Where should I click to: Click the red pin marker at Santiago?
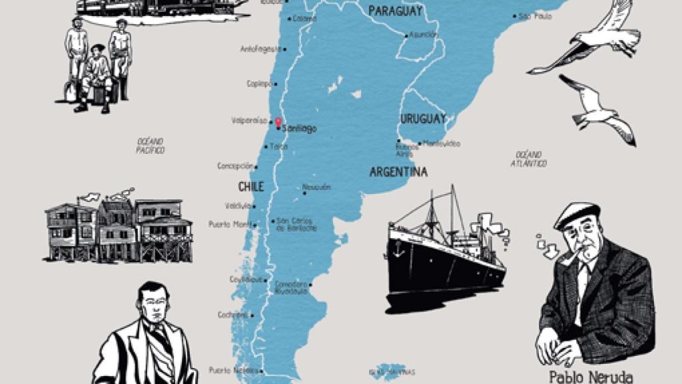pyautogui.click(x=278, y=122)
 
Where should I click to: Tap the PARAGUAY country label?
pyautogui.click(x=396, y=11)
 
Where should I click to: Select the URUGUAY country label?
pyautogui.click(x=423, y=119)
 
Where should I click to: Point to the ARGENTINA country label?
pyautogui.click(x=398, y=172)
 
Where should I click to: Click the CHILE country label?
pyautogui.click(x=251, y=186)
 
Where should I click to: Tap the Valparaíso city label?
pyautogui.click(x=248, y=121)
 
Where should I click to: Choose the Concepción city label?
pyautogui.click(x=235, y=166)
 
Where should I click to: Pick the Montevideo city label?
pyautogui.click(x=440, y=143)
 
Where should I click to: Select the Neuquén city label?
pyautogui.click(x=316, y=187)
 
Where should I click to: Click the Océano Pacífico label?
pyautogui.click(x=151, y=146)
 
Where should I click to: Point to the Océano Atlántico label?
pyautogui.click(x=529, y=159)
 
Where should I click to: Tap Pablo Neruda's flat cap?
pyautogui.click(x=577, y=214)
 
